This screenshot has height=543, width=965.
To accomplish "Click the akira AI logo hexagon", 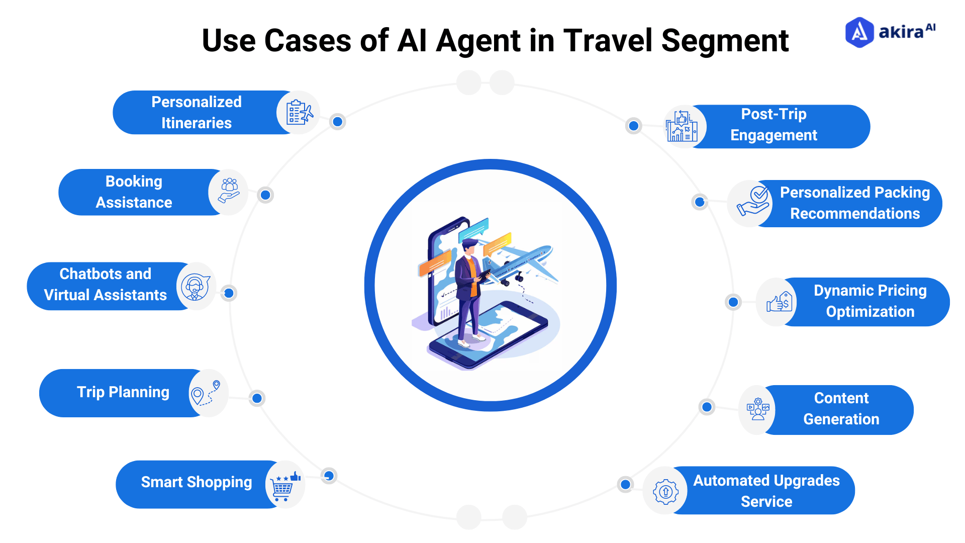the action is pos(859,33).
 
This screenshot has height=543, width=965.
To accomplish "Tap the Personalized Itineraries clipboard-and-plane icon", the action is pos(299,112).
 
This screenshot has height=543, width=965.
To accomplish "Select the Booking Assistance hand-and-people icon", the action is pos(229,192).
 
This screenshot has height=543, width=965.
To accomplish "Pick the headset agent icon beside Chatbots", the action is pos(196,287).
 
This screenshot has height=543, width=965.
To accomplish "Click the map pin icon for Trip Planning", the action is pos(207,393).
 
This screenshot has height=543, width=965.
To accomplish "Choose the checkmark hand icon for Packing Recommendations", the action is pos(752,203).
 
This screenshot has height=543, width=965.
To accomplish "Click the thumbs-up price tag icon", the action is pos(779,302).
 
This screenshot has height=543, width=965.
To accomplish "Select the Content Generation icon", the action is pos(758,409).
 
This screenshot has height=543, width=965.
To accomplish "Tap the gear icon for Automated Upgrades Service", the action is pos(665,491).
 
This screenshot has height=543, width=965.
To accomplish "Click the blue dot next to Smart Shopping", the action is pos(329,476).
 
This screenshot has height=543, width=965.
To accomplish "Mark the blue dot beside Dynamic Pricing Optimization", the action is pos(733,302).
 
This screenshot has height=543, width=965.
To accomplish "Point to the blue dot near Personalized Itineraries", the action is pos(338,122).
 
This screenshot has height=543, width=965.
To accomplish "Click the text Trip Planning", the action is pos(123,392).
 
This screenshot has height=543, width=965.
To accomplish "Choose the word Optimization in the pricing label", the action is pos(870,312).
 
